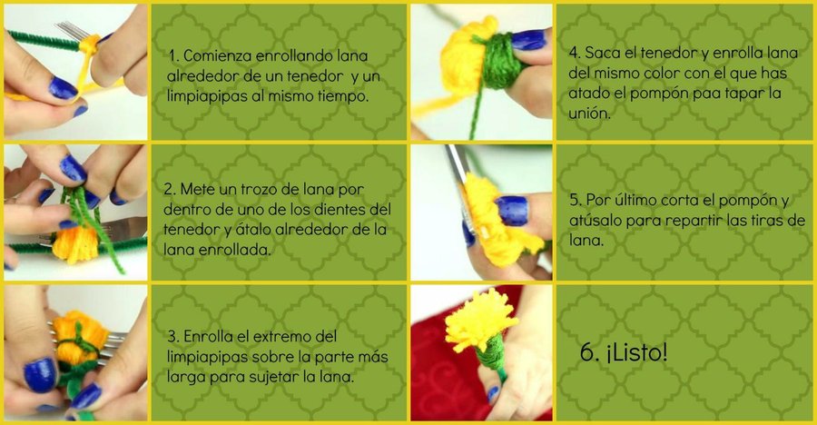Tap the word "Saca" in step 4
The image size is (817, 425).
(603, 54)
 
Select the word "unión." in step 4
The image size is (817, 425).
(589, 114)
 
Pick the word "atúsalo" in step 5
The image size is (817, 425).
(596, 221)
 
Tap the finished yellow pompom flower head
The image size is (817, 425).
(480, 321)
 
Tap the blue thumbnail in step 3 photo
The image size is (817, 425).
(40, 374)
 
